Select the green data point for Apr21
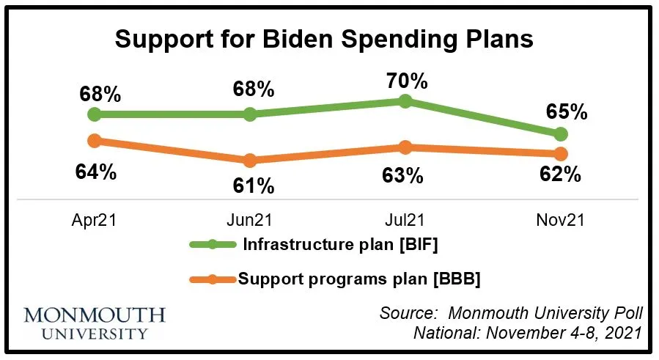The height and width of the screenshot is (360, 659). coord(94,114)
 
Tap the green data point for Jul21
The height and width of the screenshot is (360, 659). coord(405,101)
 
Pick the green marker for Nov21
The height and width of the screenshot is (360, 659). coord(561,134)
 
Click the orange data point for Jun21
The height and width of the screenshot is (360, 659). coord(249,160)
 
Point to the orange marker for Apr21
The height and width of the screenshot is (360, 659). coord(94,140)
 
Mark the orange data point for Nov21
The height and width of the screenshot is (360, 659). coord(561,154)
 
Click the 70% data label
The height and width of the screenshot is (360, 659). coord(405,78)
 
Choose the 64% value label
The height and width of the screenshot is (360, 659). coord(95,172)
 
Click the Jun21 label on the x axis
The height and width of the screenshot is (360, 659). coord(249,219)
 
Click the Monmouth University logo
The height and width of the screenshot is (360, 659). coord(95,323)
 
